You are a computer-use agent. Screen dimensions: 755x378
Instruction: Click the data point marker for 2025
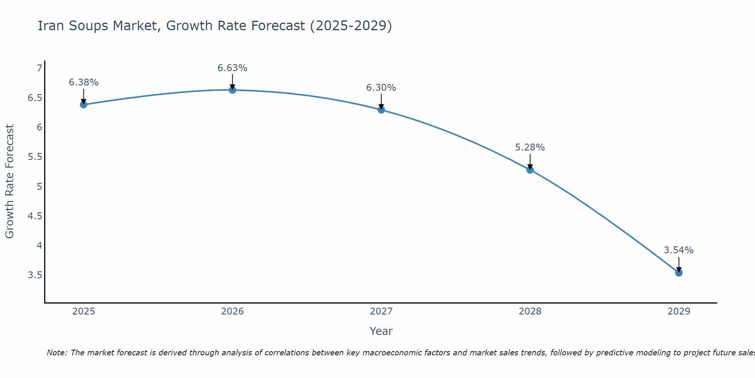[x=83, y=105]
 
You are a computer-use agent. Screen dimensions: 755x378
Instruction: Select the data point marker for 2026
[x=233, y=90]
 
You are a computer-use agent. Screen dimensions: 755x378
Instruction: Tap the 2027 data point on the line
[x=381, y=110]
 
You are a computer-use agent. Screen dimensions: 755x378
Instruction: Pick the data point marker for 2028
[x=530, y=170]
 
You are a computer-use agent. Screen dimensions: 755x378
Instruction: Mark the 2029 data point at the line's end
[x=679, y=273]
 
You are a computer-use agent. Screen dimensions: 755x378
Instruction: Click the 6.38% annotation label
[x=83, y=82]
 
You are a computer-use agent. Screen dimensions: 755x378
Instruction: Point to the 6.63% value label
[x=233, y=68]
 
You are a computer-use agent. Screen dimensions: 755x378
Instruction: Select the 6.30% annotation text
[x=381, y=88]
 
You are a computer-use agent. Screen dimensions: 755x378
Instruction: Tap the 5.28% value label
[x=530, y=147]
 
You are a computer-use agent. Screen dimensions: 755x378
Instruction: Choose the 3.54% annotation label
[x=679, y=250]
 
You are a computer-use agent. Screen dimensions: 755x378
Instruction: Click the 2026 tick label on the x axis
[x=233, y=311]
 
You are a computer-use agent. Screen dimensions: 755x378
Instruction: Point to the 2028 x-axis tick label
[x=530, y=311]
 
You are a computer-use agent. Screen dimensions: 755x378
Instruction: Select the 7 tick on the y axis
[x=39, y=68]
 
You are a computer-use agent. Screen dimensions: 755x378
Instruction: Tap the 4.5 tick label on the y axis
[x=35, y=216]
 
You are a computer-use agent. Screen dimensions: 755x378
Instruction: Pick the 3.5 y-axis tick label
[x=35, y=275]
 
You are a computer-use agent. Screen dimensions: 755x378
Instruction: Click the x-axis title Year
[x=381, y=331]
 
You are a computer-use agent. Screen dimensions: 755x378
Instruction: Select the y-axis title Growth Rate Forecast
[x=9, y=181]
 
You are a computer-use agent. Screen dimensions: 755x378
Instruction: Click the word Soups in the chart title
[x=88, y=26]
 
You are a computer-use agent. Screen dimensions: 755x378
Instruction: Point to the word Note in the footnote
[x=57, y=353]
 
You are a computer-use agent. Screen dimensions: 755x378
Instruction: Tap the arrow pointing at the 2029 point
[x=679, y=265]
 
